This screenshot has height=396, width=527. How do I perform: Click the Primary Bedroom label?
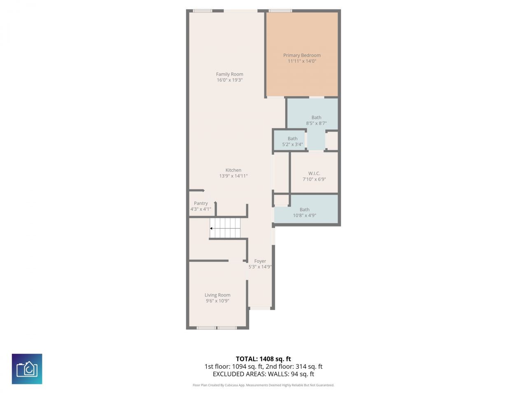click(x=302, y=55)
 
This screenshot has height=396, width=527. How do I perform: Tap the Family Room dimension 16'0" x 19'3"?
click(x=230, y=80)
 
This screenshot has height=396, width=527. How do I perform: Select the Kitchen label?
click(x=233, y=170)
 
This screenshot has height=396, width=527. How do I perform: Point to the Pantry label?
click(x=201, y=203)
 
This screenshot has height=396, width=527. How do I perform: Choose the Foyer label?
click(x=260, y=261)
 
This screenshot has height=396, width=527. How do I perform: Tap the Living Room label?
click(x=217, y=295)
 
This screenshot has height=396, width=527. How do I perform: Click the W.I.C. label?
click(x=314, y=173)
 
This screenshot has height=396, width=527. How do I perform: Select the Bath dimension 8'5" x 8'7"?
click(x=316, y=123)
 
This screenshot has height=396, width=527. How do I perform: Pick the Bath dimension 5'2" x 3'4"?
click(x=292, y=144)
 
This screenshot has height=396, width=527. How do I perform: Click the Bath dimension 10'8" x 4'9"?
click(x=304, y=215)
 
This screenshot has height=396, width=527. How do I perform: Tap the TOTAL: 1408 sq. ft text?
click(x=263, y=359)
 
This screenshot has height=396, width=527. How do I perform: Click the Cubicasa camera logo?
click(x=27, y=369)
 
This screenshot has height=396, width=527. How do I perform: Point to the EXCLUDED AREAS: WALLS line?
click(x=263, y=374)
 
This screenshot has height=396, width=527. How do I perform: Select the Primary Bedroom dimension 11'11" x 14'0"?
click(x=302, y=61)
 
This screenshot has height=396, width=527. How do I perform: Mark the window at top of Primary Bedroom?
click(x=280, y=11)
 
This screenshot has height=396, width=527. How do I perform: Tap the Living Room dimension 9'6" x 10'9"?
click(x=217, y=301)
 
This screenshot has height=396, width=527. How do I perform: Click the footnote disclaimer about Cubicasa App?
click(x=263, y=385)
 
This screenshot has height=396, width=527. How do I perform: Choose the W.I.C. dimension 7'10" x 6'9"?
click(x=314, y=179)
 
